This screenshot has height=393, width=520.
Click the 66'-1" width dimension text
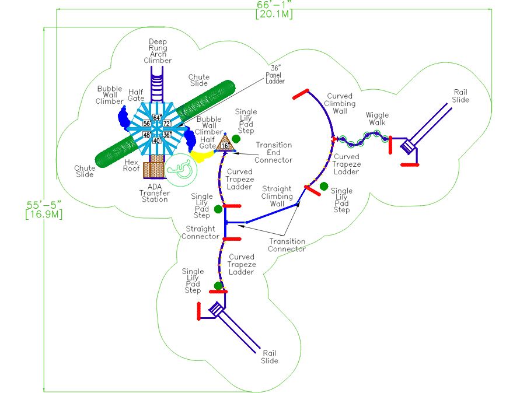coord(274,5)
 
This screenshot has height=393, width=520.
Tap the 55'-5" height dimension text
coord(44,205)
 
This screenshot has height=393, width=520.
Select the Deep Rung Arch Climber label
coord(158,51)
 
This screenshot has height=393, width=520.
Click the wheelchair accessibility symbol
coord(181,170)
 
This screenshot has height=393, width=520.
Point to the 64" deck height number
coord(157,118)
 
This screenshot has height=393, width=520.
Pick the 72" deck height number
coord(167,124)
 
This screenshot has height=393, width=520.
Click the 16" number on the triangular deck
coord(225,146)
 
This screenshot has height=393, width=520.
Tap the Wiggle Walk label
coord(377,118)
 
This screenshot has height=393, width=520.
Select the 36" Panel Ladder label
coord(275,75)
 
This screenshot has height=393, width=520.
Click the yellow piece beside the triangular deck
coord(201,156)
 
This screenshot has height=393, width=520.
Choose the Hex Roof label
coord(131,166)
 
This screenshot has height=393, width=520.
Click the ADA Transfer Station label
coord(155,193)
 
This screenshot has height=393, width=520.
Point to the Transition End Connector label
coord(274,152)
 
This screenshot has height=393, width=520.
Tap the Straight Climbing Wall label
coord(277,196)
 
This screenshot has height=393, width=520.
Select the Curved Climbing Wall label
coord(340,103)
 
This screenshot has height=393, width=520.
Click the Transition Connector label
coord(287,245)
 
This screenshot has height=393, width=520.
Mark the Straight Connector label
coord(200,233)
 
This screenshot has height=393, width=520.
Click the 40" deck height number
coord(157,141)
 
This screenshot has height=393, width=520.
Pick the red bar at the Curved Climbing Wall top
coord(301,94)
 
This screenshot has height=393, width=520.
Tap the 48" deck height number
coord(147,135)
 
